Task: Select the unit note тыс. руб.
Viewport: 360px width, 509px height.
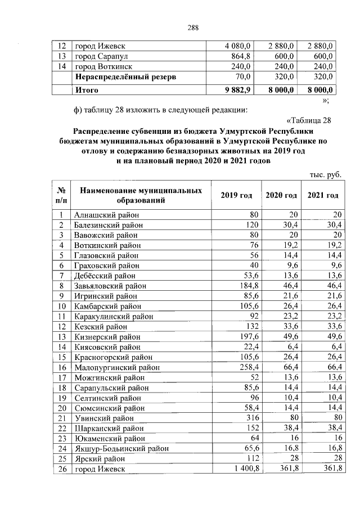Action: coord(326,175)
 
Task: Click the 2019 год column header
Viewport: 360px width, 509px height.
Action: coord(236,195)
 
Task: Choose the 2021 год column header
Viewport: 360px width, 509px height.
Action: coord(323,195)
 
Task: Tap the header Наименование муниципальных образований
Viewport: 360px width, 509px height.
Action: coord(141,195)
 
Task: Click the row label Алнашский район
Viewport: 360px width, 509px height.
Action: coord(106,215)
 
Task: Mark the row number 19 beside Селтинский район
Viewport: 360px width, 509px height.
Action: coord(59,398)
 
